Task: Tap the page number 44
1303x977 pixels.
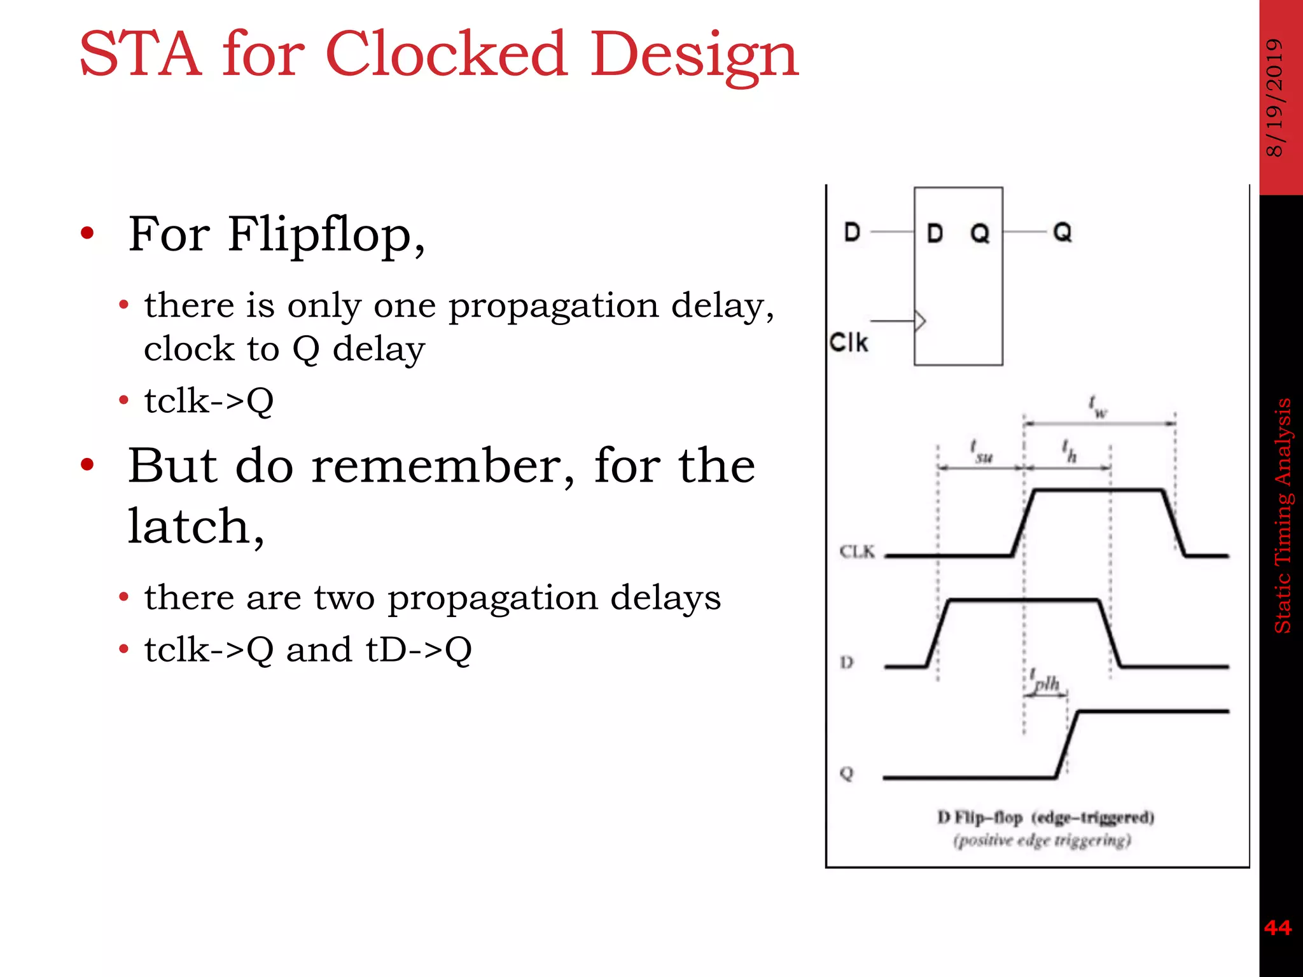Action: [x=1278, y=928]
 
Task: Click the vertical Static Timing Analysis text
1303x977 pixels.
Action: [x=1283, y=515]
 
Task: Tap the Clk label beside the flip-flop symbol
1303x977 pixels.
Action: [x=848, y=343]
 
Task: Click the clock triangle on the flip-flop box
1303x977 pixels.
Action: [x=920, y=321]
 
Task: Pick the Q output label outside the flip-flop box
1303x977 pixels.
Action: [x=1062, y=232]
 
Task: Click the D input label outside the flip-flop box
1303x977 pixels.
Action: [x=852, y=232]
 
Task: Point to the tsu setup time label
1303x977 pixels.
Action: [x=981, y=451]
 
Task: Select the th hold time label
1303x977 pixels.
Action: [x=1069, y=451]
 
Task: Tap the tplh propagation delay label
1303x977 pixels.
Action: [x=1044, y=681]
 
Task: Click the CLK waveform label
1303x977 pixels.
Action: [x=857, y=551]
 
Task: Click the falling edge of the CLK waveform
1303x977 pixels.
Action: [x=1174, y=523]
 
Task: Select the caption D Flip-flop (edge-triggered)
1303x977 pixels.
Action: [x=1045, y=817]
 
